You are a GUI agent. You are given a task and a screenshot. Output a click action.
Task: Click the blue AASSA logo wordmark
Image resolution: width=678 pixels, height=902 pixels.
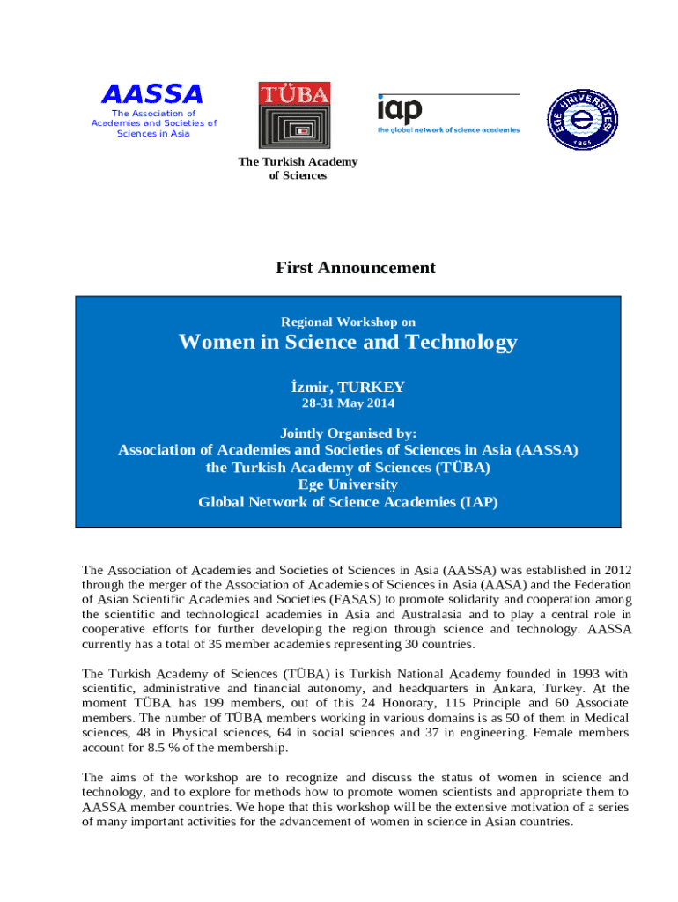[152, 94]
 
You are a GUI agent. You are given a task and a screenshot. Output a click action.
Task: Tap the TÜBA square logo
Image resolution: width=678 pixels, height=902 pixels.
[294, 115]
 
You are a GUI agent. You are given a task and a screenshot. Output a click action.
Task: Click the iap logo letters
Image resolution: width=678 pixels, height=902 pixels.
[401, 110]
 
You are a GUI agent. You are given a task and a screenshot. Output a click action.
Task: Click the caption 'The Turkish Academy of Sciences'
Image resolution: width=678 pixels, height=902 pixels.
[298, 168]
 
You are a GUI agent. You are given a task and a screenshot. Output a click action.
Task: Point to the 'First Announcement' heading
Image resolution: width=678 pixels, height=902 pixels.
[355, 268]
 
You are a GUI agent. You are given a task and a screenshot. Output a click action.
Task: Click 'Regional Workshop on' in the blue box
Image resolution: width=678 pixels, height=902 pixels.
[348, 322]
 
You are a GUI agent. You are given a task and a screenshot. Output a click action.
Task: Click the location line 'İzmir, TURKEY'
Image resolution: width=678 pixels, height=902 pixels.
[348, 387]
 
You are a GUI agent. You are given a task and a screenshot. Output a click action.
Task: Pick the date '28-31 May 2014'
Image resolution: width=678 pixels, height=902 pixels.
[348, 403]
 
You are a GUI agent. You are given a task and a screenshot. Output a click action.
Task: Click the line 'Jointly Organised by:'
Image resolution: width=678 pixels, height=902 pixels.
[348, 433]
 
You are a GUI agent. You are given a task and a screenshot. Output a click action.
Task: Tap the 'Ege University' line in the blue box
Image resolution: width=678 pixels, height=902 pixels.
[348, 484]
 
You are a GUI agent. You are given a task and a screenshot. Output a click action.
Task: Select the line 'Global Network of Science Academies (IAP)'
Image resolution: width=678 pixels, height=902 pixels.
[348, 502]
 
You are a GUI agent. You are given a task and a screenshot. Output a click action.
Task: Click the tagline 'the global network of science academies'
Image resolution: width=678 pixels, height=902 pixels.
[449, 129]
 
